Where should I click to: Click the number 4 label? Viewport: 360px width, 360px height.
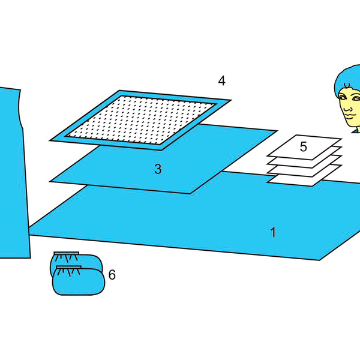click(x=221, y=81)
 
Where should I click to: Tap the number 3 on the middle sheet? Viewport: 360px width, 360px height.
click(x=158, y=169)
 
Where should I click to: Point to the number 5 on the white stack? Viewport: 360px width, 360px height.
click(x=303, y=146)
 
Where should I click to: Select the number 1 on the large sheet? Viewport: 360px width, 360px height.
click(x=273, y=232)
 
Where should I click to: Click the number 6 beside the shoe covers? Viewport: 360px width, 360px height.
click(x=112, y=275)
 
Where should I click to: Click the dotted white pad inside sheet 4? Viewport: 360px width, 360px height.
click(x=140, y=120)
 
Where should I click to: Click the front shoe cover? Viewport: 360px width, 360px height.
click(x=79, y=281)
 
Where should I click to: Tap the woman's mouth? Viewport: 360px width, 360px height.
click(x=350, y=116)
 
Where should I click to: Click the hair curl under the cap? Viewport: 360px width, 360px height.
click(x=347, y=85)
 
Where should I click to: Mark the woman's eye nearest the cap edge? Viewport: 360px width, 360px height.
click(x=343, y=97)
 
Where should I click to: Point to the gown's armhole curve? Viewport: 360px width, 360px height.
click(x=20, y=108)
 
